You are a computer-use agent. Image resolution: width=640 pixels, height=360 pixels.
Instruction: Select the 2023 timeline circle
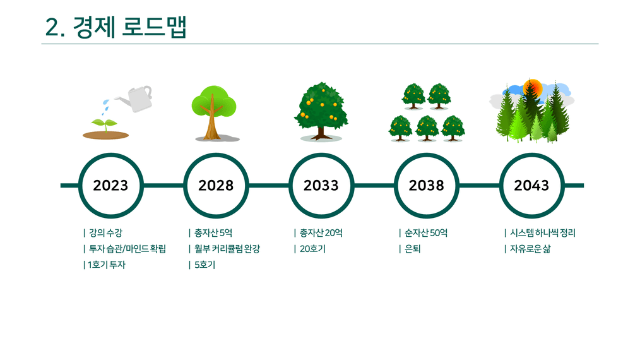pos(110,155)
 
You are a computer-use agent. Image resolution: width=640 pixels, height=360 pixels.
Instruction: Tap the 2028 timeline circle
pos(216,155)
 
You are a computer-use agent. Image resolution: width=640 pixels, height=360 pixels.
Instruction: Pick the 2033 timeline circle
pos(321,155)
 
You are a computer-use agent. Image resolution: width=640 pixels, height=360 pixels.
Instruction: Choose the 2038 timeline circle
pos(427,155)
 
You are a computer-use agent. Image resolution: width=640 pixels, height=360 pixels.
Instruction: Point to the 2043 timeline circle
pos(532,155)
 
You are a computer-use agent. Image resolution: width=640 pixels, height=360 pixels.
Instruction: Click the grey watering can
pos(137,99)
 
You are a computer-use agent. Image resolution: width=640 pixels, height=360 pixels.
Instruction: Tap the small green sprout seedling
pos(105,124)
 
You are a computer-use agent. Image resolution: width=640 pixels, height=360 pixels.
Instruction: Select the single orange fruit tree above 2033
pos(321,112)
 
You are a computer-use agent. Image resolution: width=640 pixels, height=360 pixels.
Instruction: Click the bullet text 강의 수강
pos(105,233)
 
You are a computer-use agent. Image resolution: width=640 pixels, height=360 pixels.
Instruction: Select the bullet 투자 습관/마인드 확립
pos(127,249)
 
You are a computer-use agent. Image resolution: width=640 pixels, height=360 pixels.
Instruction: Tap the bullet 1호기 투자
pos(107,265)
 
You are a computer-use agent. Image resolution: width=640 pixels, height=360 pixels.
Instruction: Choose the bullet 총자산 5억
pos(213,233)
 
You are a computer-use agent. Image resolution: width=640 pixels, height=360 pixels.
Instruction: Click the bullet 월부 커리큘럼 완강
pos(227,249)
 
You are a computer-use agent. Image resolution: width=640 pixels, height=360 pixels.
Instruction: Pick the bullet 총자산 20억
pos(321,233)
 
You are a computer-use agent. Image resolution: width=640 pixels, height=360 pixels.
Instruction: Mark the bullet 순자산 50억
pos(425,233)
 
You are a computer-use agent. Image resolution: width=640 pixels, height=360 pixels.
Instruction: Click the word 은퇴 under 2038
pos(412,249)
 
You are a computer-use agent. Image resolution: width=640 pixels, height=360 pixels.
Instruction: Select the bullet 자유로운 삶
pos(530,249)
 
